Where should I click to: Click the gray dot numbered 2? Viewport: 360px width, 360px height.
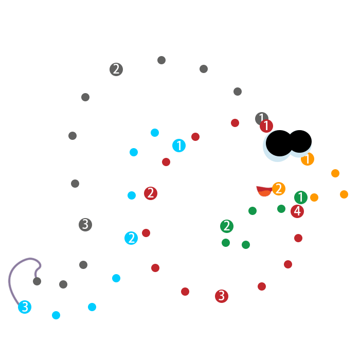[116, 69]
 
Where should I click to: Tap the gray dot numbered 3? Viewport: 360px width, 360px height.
[85, 225]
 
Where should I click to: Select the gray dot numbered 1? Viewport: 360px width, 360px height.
[261, 118]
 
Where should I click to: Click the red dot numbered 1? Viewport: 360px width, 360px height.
[266, 125]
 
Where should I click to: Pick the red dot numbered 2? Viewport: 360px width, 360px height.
[151, 193]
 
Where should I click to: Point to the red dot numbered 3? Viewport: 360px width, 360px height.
[222, 296]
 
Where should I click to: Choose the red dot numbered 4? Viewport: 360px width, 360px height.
[297, 211]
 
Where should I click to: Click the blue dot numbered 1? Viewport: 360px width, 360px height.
[179, 146]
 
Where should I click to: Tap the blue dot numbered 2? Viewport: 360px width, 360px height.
[131, 238]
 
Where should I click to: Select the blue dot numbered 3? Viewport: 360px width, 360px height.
[25, 307]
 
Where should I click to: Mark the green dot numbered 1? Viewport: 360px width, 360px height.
[301, 197]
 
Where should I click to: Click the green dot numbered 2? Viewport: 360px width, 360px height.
[227, 226]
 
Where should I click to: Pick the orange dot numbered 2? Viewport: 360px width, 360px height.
[279, 189]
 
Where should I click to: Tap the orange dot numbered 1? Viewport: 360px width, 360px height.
[308, 159]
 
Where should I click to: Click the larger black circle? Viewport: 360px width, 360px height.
[279, 143]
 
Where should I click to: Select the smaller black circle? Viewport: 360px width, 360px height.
[300, 141]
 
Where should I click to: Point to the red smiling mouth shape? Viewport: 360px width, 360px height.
[264, 191]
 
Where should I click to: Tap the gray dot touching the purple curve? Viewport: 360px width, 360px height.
[37, 281]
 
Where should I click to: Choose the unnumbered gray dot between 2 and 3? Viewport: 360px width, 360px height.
[73, 136]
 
